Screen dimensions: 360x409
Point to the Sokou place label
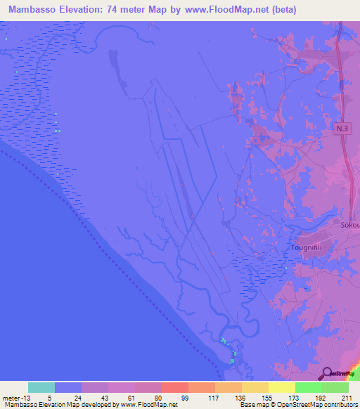349,226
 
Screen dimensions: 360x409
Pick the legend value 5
55,397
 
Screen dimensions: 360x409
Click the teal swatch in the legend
41,387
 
